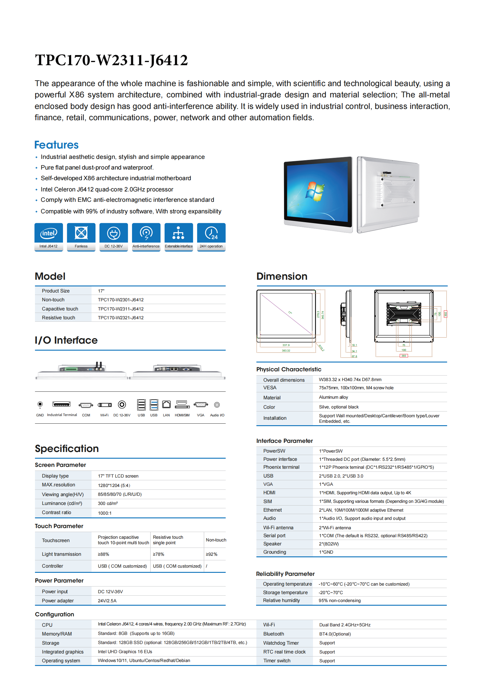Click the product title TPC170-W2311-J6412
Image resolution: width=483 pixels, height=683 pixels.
tap(111, 60)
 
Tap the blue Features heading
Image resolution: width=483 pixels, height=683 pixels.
tap(56, 145)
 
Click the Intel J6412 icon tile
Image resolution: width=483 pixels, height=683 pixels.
tap(49, 237)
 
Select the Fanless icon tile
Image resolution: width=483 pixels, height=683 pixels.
tap(81, 237)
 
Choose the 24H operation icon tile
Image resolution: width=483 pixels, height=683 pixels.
tap(211, 237)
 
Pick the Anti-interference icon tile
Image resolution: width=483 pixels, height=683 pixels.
tap(146, 237)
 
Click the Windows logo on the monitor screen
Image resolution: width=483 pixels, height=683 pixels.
tap(315, 192)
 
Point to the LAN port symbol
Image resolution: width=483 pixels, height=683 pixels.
tap(166, 405)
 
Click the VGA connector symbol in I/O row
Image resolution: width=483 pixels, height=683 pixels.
tap(201, 405)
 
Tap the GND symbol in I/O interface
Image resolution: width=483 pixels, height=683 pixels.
tap(40, 405)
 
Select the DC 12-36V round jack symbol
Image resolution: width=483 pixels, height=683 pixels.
tap(122, 405)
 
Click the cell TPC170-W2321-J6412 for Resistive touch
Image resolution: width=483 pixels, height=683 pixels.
tap(121, 318)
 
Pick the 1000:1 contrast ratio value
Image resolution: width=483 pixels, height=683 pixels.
tap(105, 513)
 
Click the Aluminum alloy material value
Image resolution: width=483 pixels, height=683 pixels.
tap(333, 397)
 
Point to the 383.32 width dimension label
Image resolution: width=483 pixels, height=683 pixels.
tap(286, 351)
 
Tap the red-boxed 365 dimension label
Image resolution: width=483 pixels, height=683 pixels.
tap(404, 356)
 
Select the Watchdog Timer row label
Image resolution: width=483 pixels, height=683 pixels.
tap(281, 643)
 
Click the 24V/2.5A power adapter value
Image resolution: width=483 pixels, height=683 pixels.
tap(107, 601)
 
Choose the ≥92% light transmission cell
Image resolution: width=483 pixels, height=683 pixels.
tap(212, 554)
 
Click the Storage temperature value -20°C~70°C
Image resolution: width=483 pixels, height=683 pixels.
tap(331, 593)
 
